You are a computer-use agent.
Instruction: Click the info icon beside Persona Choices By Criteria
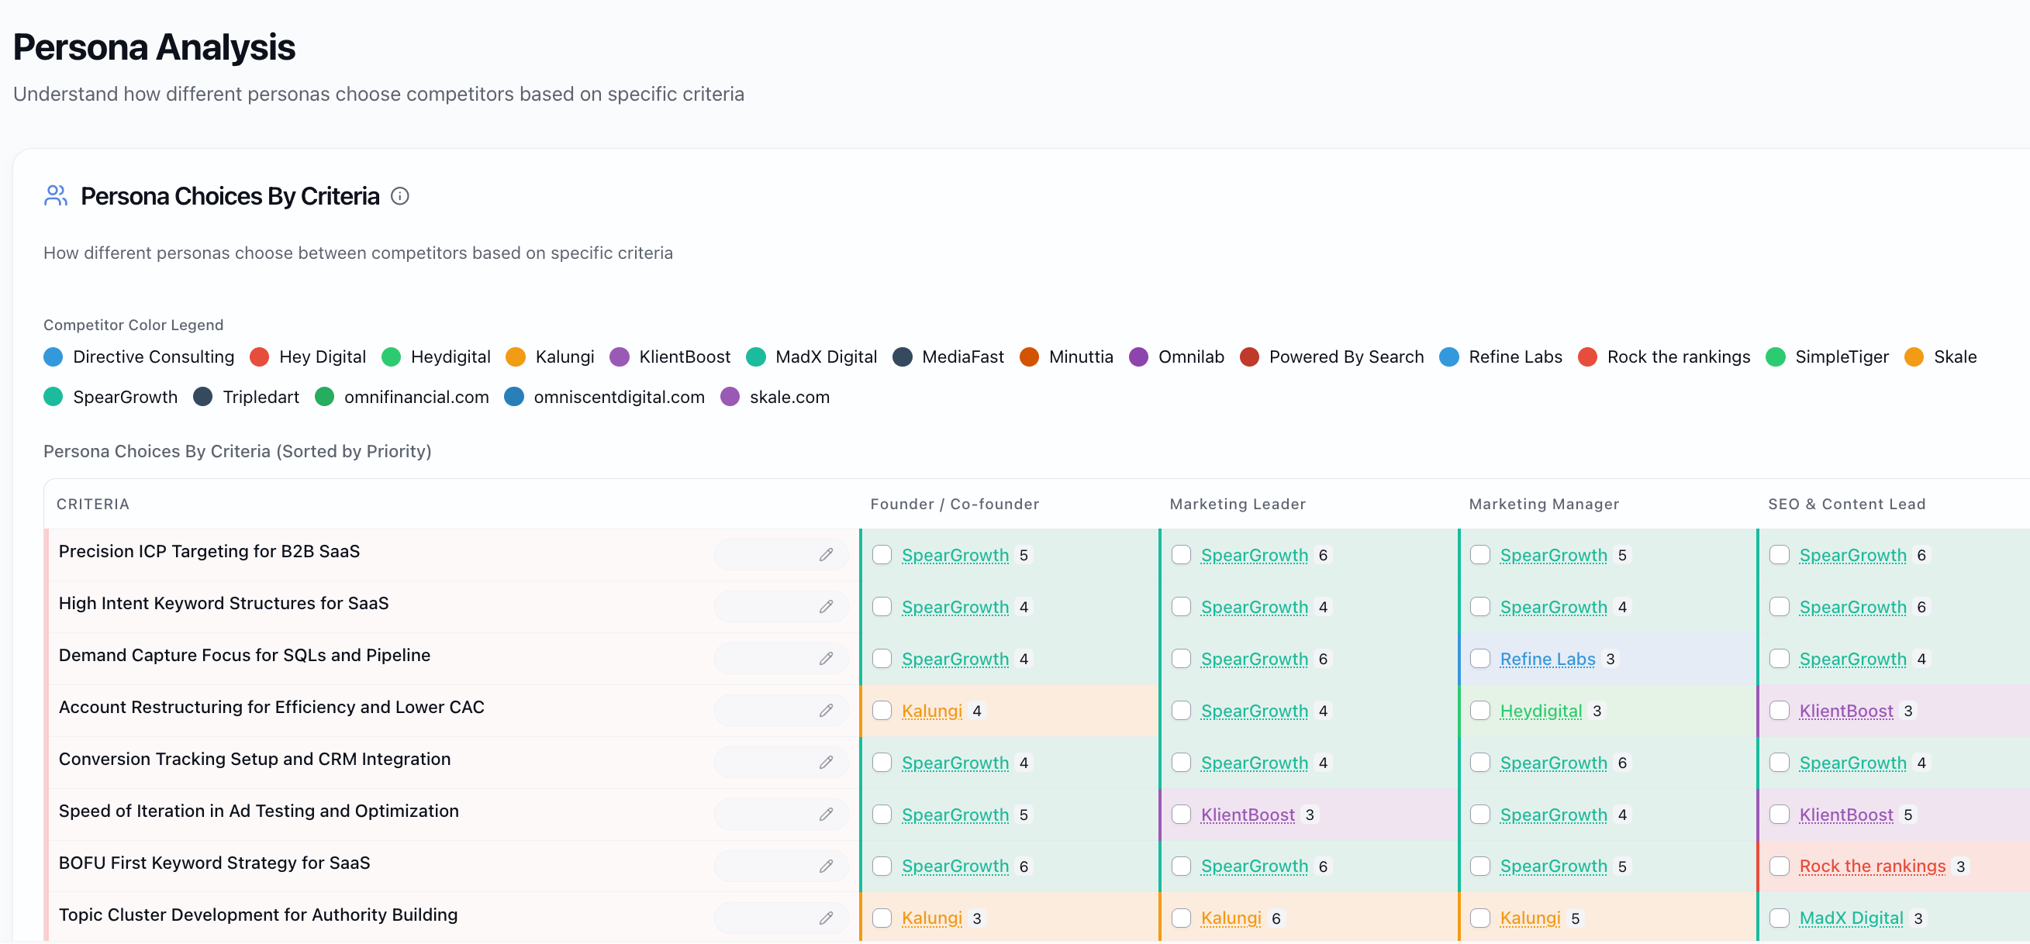pyautogui.click(x=399, y=196)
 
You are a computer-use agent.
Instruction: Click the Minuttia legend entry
pyautogui.click(x=1066, y=357)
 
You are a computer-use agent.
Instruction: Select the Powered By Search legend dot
pyautogui.click(x=1249, y=357)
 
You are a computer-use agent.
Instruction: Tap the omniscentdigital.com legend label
pyautogui.click(x=620, y=397)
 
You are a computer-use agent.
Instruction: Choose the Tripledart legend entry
pyautogui.click(x=247, y=397)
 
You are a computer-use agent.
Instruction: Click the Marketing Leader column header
pyautogui.click(x=1238, y=505)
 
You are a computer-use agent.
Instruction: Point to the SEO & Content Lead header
pyautogui.click(x=1846, y=505)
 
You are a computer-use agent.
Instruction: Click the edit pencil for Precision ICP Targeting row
pyautogui.click(x=826, y=555)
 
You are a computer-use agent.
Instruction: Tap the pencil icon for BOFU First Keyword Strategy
pyautogui.click(x=826, y=866)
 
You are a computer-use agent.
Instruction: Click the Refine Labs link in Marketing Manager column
pyautogui.click(x=1547, y=659)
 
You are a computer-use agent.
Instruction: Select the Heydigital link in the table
pyautogui.click(x=1541, y=711)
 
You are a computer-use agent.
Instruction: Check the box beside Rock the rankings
pyautogui.click(x=1780, y=866)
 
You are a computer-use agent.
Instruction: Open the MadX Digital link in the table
pyautogui.click(x=1851, y=918)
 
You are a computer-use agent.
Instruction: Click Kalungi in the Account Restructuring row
pyautogui.click(x=931, y=711)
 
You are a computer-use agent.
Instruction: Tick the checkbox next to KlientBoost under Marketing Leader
pyautogui.click(x=1181, y=814)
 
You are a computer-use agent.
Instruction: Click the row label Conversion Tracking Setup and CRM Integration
pyautogui.click(x=254, y=759)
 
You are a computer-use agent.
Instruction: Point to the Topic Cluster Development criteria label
pyautogui.click(x=257, y=915)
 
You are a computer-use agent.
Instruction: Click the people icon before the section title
pyautogui.click(x=56, y=195)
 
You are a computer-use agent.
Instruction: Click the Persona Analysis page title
pyautogui.click(x=154, y=47)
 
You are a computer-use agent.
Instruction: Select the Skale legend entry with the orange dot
pyautogui.click(x=1940, y=357)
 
